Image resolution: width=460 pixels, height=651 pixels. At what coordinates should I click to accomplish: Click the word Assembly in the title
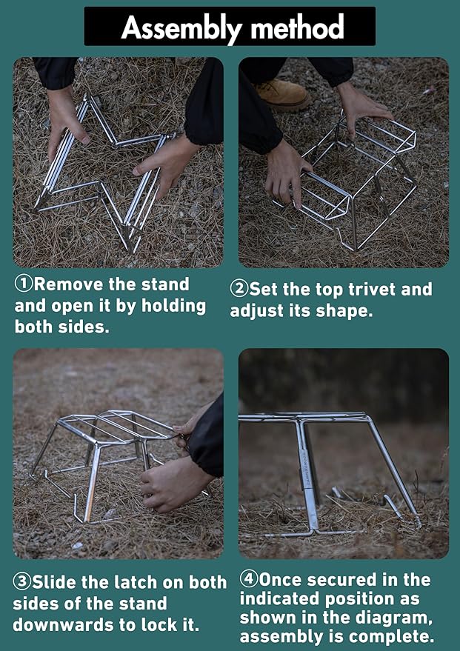pos(181,27)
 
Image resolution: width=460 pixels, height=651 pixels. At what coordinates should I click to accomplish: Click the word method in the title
pos(297,27)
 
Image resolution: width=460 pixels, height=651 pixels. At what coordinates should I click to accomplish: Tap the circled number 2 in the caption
pos(239,289)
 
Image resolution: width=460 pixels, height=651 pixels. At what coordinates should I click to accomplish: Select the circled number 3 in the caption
pos(21,582)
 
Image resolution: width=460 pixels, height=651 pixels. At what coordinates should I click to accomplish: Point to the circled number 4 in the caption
pos(249,579)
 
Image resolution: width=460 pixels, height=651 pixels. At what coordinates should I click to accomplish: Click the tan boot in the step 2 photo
pos(284,96)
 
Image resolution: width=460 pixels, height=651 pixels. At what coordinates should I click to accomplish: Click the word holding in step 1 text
pos(174,307)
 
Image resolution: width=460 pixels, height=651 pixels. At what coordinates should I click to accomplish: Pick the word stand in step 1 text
pos(165,284)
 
